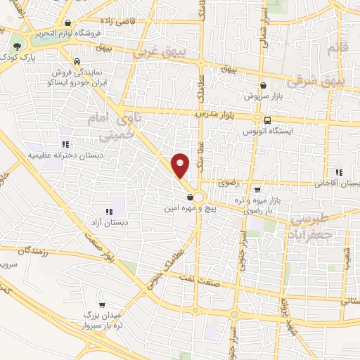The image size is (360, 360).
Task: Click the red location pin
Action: tap(181, 165)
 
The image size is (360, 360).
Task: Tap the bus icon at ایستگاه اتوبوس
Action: tap(268, 120)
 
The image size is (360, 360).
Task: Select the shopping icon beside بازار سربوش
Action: tap(262, 84)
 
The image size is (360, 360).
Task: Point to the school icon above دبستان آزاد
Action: tap(109, 211)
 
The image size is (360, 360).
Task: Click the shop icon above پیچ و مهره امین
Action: tap(191, 198)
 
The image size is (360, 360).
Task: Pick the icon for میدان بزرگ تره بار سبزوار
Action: tap(103, 305)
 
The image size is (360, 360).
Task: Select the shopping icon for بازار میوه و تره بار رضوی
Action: tap(257, 188)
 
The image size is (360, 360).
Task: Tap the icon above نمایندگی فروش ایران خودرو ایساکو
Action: tap(76, 60)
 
